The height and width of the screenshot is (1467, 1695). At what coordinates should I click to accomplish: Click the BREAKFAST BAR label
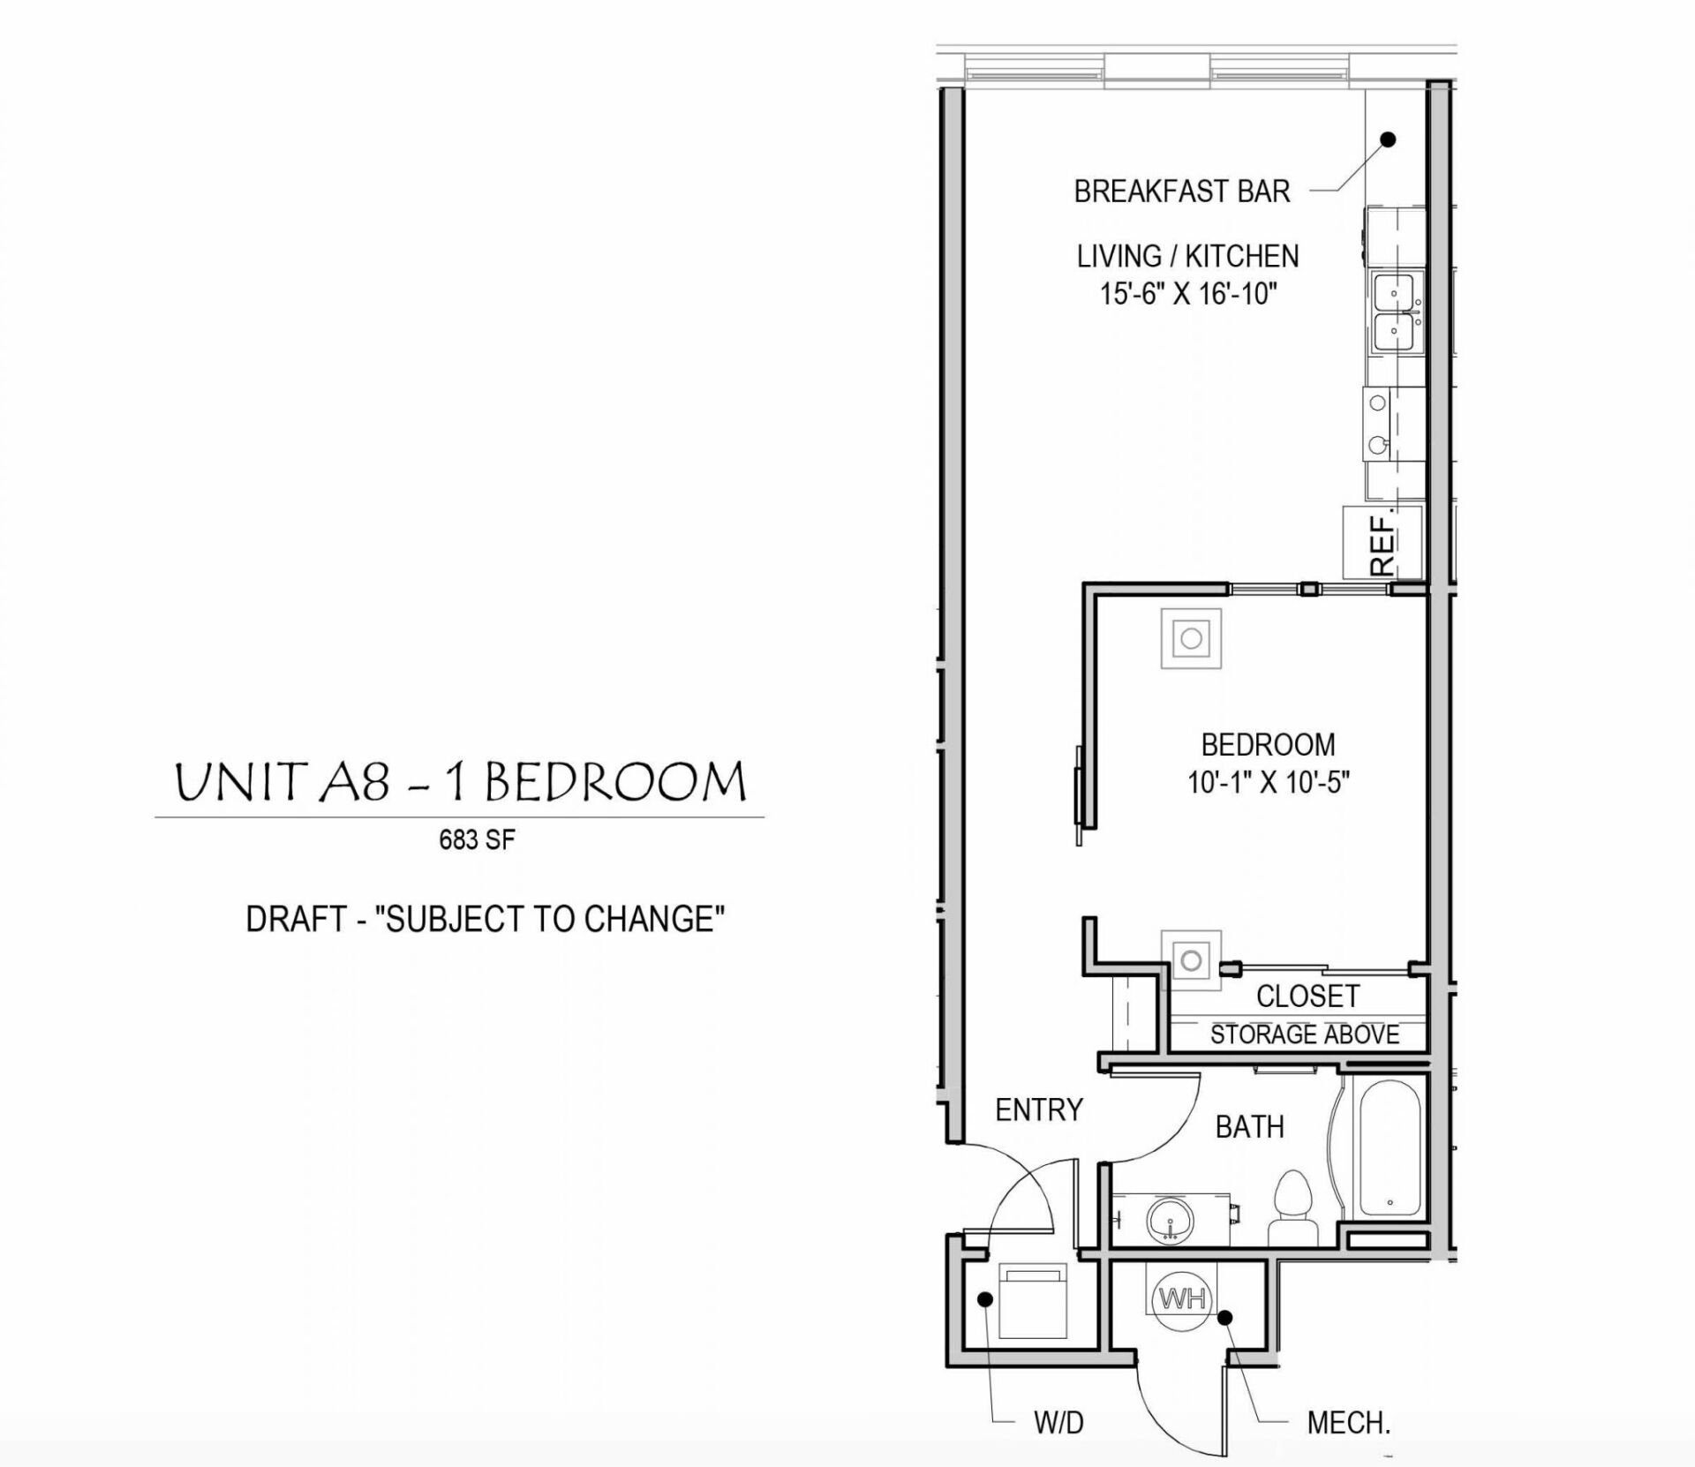(1181, 192)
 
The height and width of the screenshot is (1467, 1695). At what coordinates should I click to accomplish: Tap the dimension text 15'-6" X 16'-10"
(1188, 294)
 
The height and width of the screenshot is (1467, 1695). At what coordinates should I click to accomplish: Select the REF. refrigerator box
(1382, 541)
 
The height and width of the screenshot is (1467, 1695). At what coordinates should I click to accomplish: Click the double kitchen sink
(1395, 312)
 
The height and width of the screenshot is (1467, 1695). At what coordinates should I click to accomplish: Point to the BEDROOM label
(1268, 744)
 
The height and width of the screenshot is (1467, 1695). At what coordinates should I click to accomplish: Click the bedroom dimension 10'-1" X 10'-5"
(1268, 782)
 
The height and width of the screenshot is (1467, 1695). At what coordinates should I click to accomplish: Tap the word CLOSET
(1307, 996)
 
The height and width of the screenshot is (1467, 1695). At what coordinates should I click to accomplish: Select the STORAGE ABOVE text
(1304, 1034)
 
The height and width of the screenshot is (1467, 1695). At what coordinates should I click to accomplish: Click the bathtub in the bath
(1389, 1148)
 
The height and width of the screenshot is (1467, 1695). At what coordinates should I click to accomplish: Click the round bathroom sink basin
(1171, 1221)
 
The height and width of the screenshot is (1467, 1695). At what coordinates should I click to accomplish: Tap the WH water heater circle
(1182, 1299)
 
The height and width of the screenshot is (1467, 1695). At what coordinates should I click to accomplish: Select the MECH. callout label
(1348, 1422)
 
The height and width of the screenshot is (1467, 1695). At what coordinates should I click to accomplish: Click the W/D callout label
(1058, 1422)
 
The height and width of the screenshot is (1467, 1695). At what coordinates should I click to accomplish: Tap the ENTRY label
(1038, 1110)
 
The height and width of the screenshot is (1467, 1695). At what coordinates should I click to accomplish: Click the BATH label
(1249, 1127)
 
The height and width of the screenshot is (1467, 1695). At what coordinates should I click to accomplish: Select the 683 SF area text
(477, 839)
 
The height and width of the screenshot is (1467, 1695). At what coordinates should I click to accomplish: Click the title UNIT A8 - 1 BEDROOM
(460, 782)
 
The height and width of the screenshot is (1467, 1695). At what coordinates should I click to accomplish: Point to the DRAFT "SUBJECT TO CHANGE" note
(485, 920)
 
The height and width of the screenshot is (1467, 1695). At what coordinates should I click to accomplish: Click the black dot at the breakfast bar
(1388, 139)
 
